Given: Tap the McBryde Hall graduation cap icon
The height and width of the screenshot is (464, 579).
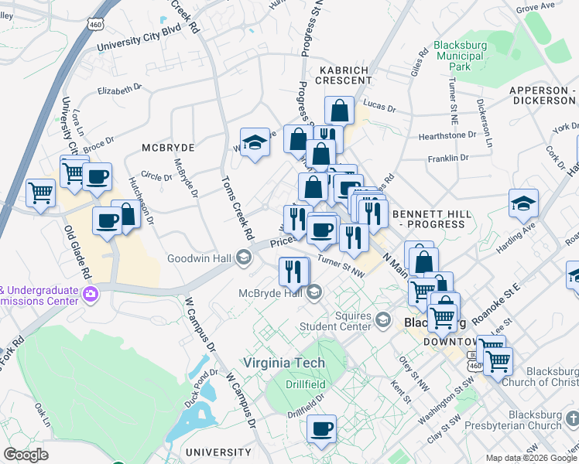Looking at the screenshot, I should click(x=314, y=292).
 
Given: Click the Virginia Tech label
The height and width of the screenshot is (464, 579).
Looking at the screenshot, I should click(x=284, y=363).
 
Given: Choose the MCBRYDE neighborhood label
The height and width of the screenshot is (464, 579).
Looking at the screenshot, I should click(x=168, y=147).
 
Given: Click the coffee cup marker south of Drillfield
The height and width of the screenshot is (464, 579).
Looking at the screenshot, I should click(x=322, y=429).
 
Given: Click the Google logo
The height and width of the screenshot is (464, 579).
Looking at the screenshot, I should click(x=26, y=455).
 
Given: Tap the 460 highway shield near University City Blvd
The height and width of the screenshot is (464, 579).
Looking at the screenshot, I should click(x=96, y=26).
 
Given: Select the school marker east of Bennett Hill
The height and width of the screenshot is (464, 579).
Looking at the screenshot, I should click(x=523, y=203).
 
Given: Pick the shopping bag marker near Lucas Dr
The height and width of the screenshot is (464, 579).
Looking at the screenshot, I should click(x=339, y=111).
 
